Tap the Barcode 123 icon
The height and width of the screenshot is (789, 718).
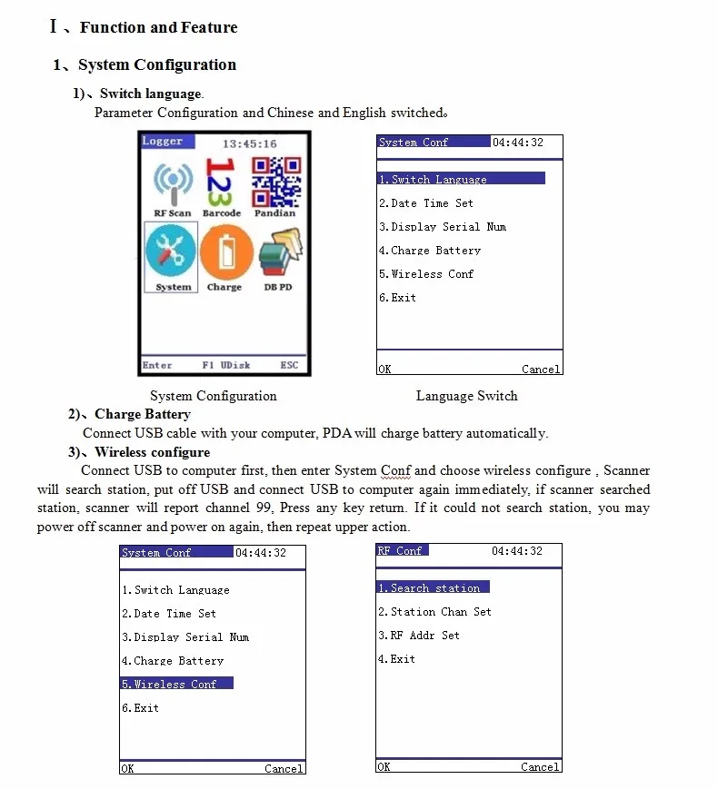(222, 182)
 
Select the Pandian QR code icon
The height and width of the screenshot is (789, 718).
(275, 182)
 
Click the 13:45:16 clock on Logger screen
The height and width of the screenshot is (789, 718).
(249, 143)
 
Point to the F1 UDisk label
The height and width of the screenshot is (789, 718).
(225, 365)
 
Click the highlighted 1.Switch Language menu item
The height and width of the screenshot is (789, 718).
(461, 179)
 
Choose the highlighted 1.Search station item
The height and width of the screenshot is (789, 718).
(433, 587)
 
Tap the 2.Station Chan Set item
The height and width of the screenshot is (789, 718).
(434, 612)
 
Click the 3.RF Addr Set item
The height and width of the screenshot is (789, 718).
(419, 636)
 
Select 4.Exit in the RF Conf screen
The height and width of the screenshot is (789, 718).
(396, 659)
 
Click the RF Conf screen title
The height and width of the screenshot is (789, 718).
(401, 551)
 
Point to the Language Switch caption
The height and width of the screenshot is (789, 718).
(466, 396)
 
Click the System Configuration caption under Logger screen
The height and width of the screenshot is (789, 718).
(213, 396)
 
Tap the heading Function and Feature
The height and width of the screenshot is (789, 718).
(158, 27)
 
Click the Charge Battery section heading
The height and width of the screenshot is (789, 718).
(142, 414)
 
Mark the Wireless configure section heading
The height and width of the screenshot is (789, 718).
(152, 452)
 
